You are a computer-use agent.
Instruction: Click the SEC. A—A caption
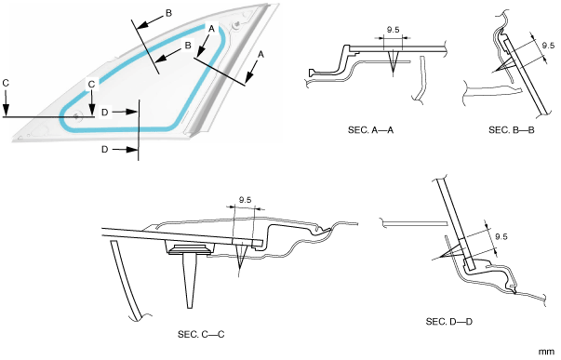point(370,130)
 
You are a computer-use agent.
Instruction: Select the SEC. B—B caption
point(512,130)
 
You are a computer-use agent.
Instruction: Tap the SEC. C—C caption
point(201,335)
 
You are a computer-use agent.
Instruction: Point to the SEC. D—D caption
point(449,322)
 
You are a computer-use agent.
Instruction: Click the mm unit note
point(546,353)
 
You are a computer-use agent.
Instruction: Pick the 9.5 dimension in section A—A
point(393,30)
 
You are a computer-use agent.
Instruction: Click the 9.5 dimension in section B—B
point(548,46)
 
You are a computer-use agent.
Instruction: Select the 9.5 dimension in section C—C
point(245,200)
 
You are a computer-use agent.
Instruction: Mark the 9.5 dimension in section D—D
point(501,236)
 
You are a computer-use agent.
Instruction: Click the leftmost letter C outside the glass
point(6,83)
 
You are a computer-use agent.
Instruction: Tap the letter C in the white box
point(92,85)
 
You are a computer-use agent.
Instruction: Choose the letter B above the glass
point(168,13)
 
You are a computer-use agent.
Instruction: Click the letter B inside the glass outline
point(188,46)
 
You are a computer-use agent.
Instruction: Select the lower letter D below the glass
point(104,149)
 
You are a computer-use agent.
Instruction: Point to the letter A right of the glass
point(261,55)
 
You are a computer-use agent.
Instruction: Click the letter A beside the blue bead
point(212,29)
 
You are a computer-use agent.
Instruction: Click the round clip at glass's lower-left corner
point(76,116)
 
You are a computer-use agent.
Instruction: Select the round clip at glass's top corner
point(235,25)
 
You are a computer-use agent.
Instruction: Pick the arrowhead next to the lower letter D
point(133,149)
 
